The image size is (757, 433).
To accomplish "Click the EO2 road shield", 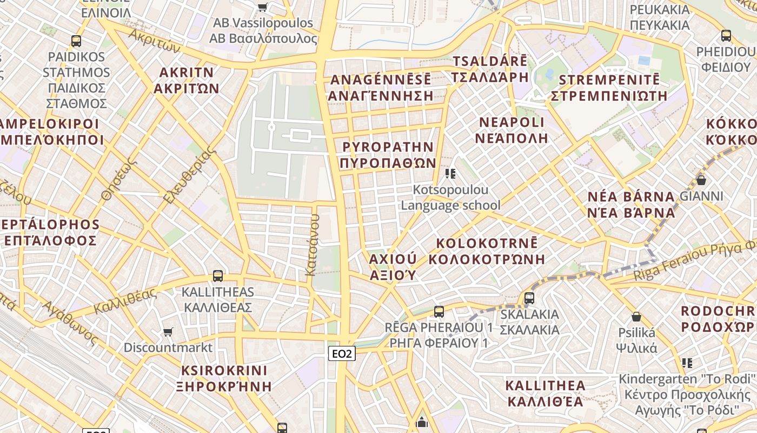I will point(342,353).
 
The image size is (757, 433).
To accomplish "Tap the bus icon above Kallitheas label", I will point(218,276).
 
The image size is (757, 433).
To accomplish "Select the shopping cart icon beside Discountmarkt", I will point(168,331).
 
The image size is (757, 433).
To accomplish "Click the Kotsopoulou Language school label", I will point(450,198).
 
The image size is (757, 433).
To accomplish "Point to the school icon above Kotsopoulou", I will point(450,174).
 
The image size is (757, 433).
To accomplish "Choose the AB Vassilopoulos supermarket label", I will point(263,30).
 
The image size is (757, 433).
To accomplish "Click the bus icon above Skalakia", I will point(529,298).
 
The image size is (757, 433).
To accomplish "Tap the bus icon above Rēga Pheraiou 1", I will point(439,312).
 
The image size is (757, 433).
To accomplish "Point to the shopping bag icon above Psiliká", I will point(636,317).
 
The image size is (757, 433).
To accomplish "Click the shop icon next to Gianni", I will point(701,180).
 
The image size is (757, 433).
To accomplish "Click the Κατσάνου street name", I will point(313,245).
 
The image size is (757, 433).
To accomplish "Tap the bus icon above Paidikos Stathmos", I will point(76,41).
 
